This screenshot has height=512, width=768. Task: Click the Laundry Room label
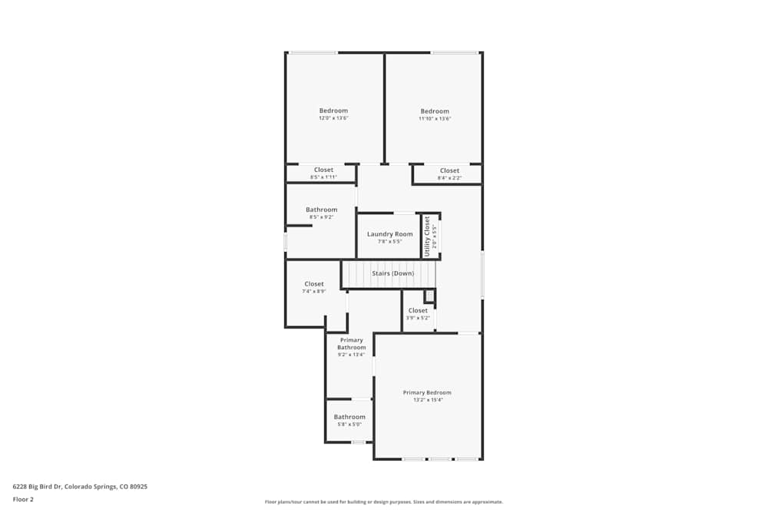(389, 234)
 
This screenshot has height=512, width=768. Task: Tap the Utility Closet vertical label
(427, 236)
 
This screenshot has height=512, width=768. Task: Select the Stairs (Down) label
(392, 273)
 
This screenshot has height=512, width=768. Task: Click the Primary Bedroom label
(427, 392)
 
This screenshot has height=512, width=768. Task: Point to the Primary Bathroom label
(351, 344)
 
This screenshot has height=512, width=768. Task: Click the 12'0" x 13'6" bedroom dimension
(333, 118)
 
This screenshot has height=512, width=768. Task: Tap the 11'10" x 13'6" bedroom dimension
(434, 118)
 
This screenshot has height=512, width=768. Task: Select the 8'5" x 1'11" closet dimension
(323, 177)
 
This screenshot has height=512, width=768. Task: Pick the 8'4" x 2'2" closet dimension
(449, 178)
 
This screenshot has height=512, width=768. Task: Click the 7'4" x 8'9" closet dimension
(313, 292)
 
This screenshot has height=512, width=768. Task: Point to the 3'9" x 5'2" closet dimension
(418, 318)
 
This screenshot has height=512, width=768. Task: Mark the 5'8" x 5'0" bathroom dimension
(349, 424)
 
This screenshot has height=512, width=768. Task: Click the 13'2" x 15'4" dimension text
(427, 400)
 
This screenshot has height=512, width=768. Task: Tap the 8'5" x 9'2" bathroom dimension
(321, 217)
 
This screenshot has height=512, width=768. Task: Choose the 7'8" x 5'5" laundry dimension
(389, 242)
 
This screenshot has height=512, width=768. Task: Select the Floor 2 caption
(23, 499)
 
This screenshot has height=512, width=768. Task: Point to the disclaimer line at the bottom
(383, 502)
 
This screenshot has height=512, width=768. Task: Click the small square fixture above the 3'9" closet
(429, 296)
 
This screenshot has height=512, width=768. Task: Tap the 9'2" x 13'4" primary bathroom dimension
(351, 355)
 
